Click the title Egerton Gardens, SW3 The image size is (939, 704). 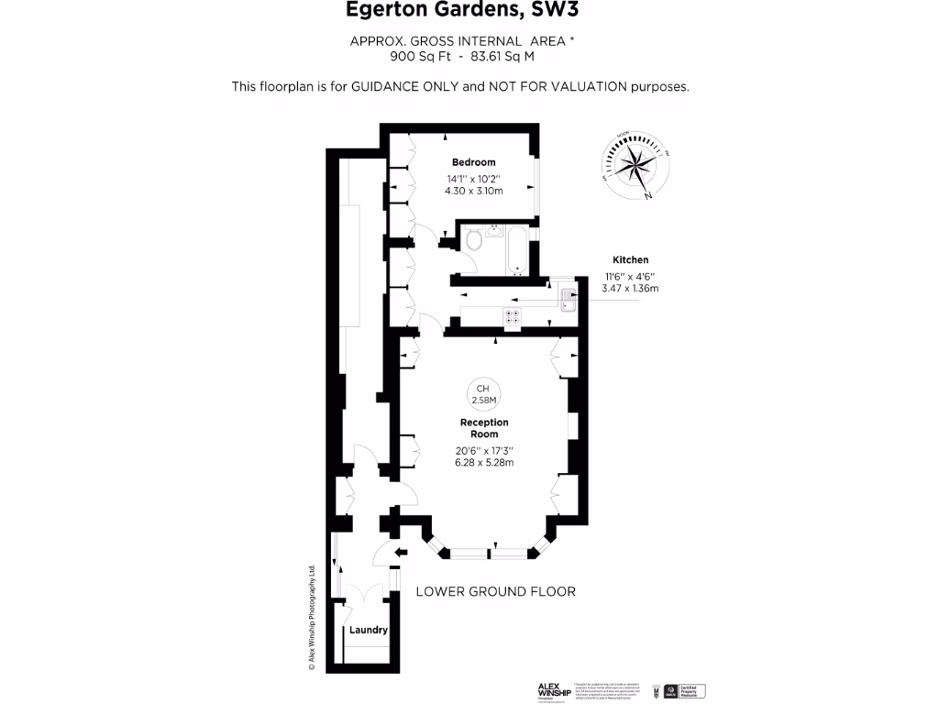[462, 11]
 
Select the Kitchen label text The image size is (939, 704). [630, 260]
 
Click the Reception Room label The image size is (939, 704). [484, 428]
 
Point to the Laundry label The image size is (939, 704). [369, 631]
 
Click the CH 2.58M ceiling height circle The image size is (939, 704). [483, 393]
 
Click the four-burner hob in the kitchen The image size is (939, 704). [512, 316]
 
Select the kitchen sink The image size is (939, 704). [568, 301]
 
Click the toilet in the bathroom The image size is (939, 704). [474, 241]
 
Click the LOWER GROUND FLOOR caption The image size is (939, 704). [496, 591]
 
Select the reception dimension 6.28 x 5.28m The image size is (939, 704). [484, 463]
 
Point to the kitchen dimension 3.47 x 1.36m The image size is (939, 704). [630, 289]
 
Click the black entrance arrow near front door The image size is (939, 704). [400, 551]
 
